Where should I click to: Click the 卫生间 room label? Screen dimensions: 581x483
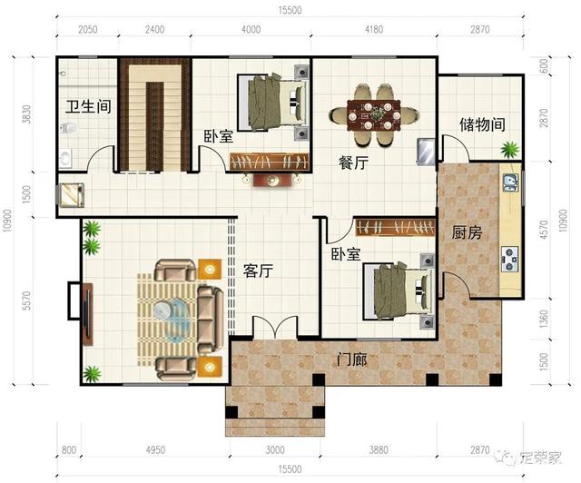pos(88,107)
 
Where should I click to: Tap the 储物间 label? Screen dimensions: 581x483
pos(482,124)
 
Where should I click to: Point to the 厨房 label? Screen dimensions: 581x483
pos(467,232)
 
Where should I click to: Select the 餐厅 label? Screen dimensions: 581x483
pos(353,163)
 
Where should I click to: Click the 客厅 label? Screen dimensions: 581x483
pos(258,271)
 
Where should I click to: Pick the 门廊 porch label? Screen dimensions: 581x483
pos(351,360)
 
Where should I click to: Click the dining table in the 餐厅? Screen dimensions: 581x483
pos(373,115)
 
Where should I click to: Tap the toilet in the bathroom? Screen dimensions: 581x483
pos(69,128)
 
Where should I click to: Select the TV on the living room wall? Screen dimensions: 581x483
pos(87,313)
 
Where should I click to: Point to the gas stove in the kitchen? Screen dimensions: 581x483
pos(510,259)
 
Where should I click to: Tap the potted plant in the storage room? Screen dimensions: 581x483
pos(510,150)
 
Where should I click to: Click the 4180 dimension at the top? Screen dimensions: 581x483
pos(373,29)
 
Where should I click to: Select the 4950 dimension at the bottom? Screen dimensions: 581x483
pos(155,450)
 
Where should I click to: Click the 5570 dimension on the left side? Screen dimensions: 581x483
pos(26,301)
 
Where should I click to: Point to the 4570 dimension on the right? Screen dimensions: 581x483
pos(544,230)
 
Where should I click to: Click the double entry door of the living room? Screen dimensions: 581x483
pos(274,327)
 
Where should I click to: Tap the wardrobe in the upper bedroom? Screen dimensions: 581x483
pos(270,162)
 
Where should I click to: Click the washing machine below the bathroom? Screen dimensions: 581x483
pos(72,194)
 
